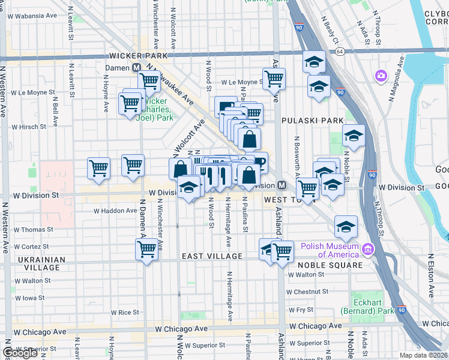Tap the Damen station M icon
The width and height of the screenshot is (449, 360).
coord(137,68)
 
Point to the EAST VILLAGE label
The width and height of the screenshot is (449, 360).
coord(212,256)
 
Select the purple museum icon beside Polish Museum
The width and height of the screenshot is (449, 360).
coord(367,248)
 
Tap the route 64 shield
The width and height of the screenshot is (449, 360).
coord(340,52)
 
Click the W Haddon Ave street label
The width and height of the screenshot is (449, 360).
coord(115,211)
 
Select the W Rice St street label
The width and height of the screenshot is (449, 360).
coord(125,313)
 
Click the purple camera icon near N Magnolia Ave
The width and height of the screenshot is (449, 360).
coord(381,76)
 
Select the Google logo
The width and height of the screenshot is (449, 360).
coord(20,353)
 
